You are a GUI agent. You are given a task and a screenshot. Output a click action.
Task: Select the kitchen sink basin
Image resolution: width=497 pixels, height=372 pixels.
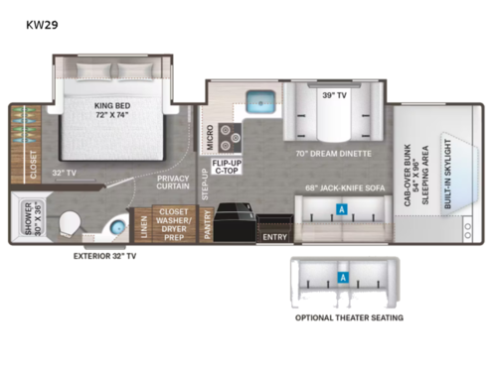(261, 100)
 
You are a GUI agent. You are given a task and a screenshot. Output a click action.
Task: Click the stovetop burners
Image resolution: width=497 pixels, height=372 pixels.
(233, 135)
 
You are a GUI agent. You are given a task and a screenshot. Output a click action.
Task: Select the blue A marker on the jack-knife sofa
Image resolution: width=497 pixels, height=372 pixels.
(342, 210)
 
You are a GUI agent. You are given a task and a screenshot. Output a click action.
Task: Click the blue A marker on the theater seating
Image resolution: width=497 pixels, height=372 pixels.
(342, 280)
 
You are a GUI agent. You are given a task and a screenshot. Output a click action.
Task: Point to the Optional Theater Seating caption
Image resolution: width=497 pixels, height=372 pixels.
(348, 317)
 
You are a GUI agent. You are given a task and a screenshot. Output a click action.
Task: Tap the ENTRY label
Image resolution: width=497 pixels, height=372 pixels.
(273, 237)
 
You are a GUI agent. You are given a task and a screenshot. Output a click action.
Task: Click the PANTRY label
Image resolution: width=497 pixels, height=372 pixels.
(207, 226)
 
